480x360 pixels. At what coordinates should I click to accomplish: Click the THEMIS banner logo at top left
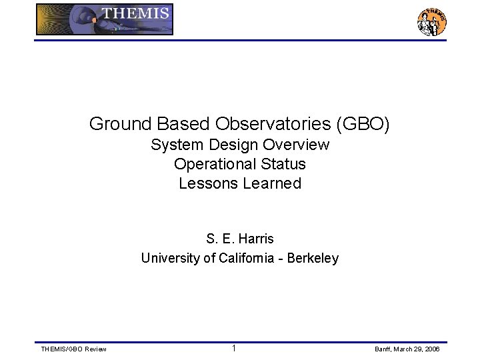coord(105,19)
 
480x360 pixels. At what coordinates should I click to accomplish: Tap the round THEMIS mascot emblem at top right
coord(431,22)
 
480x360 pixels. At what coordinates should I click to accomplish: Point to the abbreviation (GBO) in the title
coord(363,124)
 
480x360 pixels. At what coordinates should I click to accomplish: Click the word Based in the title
coord(179,124)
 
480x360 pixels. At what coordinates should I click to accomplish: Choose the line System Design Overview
coord(240,145)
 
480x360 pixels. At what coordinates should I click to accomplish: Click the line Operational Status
coord(240,164)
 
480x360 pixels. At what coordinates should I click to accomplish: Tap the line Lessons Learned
coord(240,183)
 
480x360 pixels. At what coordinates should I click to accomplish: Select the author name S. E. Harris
coord(240,239)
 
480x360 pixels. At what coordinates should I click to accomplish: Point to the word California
coord(248,258)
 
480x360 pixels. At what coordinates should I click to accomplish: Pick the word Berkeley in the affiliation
coord(313,258)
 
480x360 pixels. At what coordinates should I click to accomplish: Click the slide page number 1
coord(234,349)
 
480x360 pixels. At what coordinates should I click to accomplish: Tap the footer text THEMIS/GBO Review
coord(73,349)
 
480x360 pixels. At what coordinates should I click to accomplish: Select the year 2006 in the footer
coord(432,349)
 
